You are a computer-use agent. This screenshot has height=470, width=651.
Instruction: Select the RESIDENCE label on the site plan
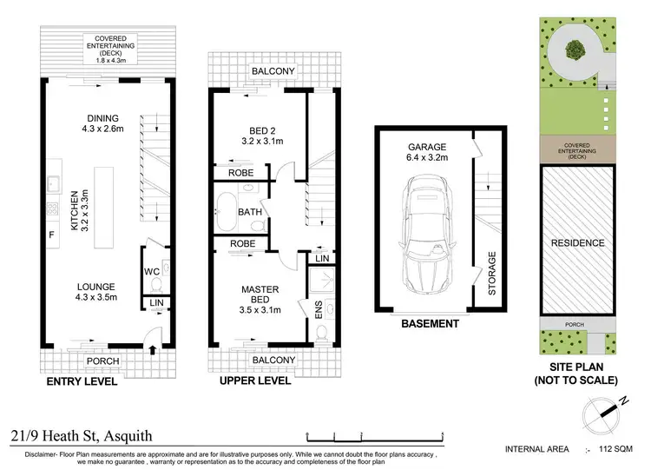tap(577, 243)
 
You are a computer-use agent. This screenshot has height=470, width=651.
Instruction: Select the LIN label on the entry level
tap(156, 302)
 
